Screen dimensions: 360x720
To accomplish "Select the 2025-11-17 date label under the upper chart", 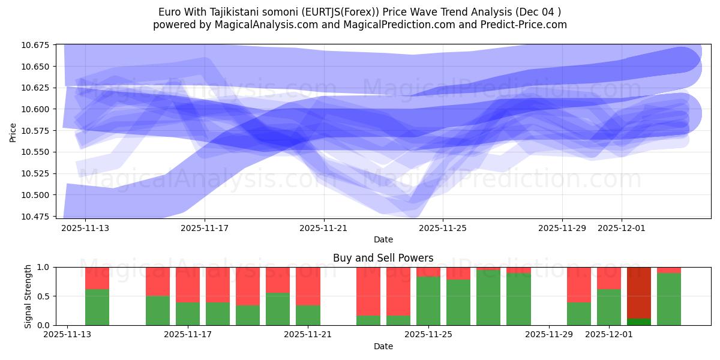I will [x=205, y=228].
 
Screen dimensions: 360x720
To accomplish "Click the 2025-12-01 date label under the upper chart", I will [x=622, y=228].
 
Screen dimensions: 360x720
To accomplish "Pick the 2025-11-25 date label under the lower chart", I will [x=429, y=335].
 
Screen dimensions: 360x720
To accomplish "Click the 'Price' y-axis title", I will [x=13, y=132].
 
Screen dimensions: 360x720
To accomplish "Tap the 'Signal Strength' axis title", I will [x=28, y=296].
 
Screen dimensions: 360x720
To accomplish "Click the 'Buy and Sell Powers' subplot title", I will [x=383, y=258].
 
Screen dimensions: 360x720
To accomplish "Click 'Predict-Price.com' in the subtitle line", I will [x=527, y=25].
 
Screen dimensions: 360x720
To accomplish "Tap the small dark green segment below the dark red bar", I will [x=639, y=322].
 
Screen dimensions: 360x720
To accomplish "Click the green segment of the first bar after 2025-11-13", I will [x=97, y=307].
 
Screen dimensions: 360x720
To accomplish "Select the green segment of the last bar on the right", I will [x=669, y=299].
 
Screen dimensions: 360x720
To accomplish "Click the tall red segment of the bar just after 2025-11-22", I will [x=368, y=291].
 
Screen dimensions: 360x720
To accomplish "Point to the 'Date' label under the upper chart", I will [x=383, y=239].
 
